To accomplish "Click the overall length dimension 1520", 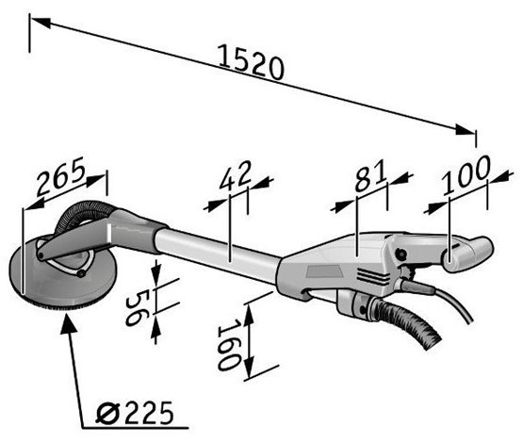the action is pyautogui.click(x=251, y=62).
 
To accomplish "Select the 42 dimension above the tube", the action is pyautogui.click(x=236, y=175).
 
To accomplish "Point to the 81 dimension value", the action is pyautogui.click(x=370, y=175).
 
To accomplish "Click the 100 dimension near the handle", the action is pyautogui.click(x=466, y=174).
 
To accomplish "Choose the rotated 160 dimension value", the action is pyautogui.click(x=229, y=344).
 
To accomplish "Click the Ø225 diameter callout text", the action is pyautogui.click(x=135, y=413).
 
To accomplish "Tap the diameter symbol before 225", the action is pyautogui.click(x=107, y=414).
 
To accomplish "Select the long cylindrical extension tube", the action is pyautogui.click(x=217, y=254).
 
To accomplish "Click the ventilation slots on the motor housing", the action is pyautogui.click(x=373, y=276).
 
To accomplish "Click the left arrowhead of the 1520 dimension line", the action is pyautogui.click(x=41, y=23).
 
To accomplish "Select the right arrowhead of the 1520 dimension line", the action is pyautogui.click(x=465, y=130).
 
